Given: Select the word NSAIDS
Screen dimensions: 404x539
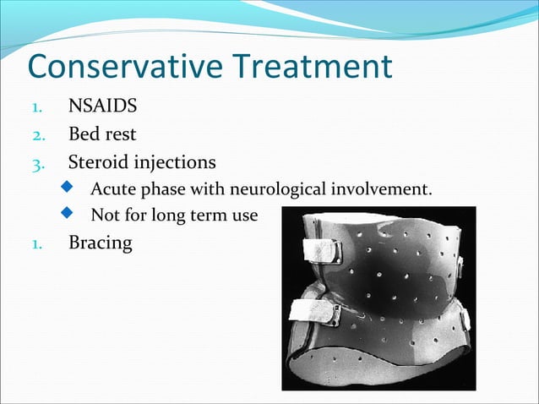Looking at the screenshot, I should (101, 108).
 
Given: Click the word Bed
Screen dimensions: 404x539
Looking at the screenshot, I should (83, 134).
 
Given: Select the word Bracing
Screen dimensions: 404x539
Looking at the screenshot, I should (100, 243).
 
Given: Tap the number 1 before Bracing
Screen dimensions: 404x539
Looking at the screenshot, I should (36, 243).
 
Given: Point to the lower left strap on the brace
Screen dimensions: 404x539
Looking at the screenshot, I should (313, 311).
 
